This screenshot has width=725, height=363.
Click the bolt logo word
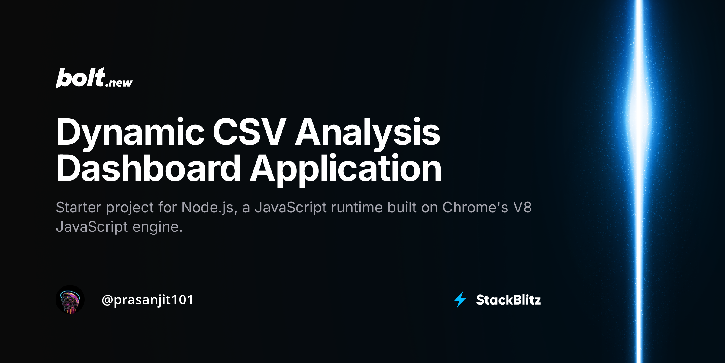pyautogui.click(x=80, y=78)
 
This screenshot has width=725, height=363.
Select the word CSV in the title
pyautogui.click(x=249, y=132)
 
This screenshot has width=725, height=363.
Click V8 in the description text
pyautogui.click(x=522, y=208)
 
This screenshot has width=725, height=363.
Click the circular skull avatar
pyautogui.click(x=70, y=299)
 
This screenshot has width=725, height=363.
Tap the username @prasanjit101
pyautogui.click(x=147, y=300)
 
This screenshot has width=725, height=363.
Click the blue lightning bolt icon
pyautogui.click(x=460, y=299)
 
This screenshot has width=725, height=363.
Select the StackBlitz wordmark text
pyautogui.click(x=508, y=300)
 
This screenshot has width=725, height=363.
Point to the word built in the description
pyautogui.click(x=402, y=208)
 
